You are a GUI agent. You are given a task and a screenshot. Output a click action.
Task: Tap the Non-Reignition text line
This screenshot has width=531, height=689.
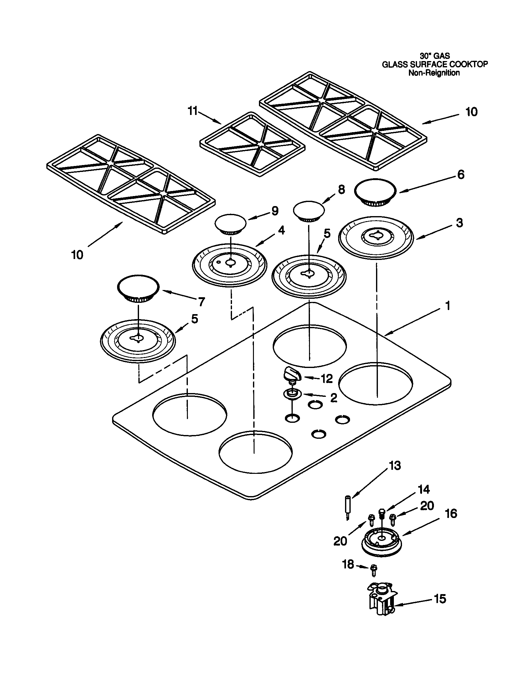point(434,73)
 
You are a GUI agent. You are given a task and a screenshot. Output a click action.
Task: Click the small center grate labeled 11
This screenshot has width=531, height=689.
point(252,144)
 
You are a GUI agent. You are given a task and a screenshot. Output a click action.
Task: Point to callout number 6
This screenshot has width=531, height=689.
point(461,174)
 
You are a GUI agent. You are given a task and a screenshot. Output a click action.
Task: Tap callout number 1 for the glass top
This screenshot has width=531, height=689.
point(447,306)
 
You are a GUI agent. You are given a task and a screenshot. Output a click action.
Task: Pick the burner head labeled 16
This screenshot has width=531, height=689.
point(381,543)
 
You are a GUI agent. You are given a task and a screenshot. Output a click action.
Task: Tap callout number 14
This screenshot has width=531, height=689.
point(424,489)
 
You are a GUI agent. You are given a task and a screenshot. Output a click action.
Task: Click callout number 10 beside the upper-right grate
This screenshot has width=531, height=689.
point(472,112)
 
